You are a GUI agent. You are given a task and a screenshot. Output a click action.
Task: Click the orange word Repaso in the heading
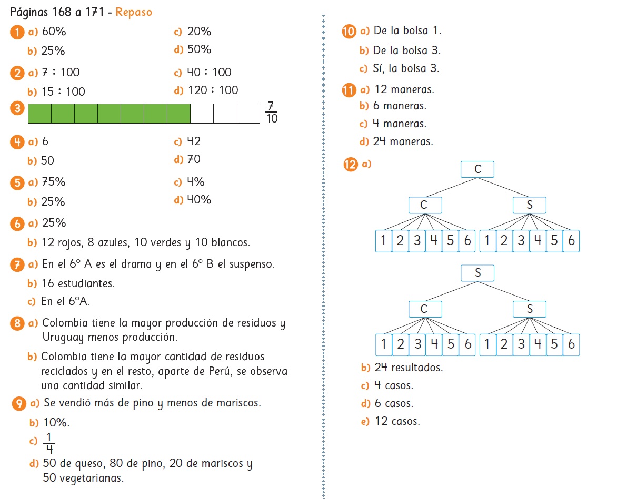pos(134,12)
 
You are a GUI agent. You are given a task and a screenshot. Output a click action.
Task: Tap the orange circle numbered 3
pos(17,109)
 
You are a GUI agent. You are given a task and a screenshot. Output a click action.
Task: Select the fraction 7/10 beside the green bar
pos(272,112)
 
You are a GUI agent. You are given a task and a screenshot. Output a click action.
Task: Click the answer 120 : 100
pos(213,90)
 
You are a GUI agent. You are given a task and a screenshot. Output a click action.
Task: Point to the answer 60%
pos(54,32)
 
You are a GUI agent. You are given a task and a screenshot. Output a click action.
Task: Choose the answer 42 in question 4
pos(194,141)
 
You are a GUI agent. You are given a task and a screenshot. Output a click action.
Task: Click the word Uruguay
pos(62,337)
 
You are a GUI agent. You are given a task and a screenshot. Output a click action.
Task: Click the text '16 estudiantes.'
pos(78,283)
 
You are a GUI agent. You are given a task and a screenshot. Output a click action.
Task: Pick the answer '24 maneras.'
pos(403,141)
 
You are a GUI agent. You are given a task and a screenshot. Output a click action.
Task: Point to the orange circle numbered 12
pos(349,165)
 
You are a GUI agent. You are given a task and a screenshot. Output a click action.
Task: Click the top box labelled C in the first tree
pos(477,169)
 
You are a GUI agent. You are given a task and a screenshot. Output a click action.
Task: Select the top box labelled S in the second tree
pos(477,273)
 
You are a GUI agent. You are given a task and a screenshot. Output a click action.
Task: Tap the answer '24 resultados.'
pos(409,368)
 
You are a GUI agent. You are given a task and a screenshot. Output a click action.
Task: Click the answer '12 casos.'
pos(397,421)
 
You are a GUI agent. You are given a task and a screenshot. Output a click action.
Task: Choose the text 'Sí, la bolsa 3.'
pos(405,68)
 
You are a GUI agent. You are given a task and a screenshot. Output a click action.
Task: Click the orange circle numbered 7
pos(17,264)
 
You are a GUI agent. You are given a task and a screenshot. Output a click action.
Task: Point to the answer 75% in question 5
pos(54,182)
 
